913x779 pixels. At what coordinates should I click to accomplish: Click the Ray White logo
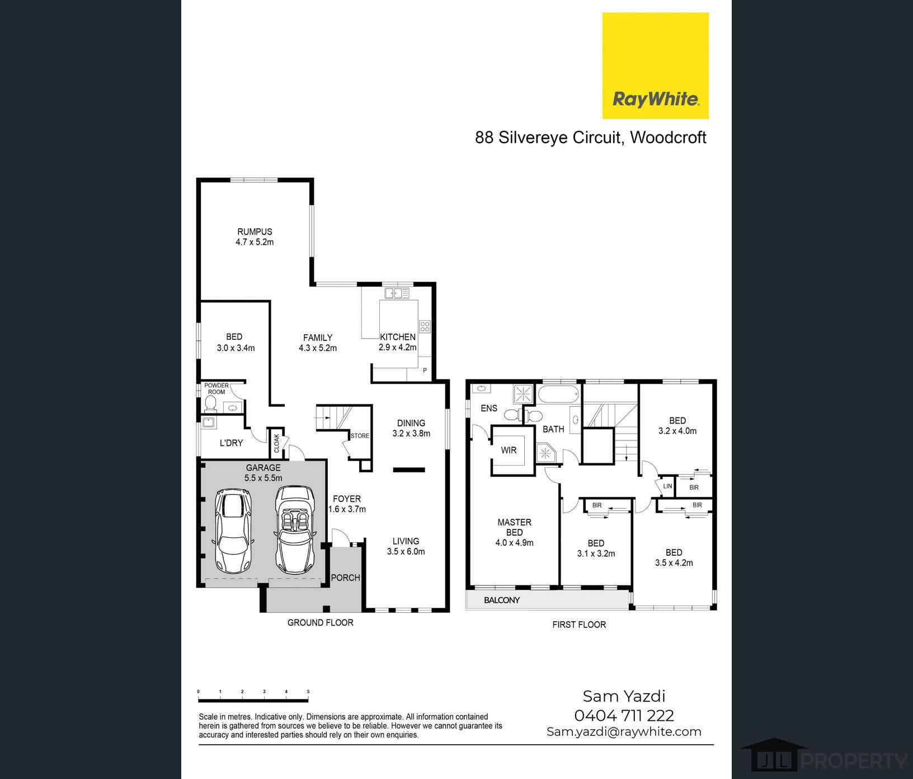tap(655, 65)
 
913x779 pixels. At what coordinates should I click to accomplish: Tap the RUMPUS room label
tap(255, 232)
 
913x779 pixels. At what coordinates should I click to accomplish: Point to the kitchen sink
tap(397, 293)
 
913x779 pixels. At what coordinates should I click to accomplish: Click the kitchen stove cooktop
tap(425, 326)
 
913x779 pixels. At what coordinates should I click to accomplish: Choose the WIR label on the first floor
tap(509, 450)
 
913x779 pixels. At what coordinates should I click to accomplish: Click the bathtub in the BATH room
tap(559, 395)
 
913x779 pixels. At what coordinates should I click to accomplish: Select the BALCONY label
tap(502, 600)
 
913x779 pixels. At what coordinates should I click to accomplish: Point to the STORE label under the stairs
tap(360, 436)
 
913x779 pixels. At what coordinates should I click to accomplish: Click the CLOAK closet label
tap(276, 443)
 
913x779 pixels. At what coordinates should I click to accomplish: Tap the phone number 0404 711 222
tap(624, 715)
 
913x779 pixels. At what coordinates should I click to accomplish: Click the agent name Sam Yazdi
tap(624, 696)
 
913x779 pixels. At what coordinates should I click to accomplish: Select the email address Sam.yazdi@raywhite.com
tap(624, 731)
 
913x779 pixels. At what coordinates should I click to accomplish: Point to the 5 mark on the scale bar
tap(308, 692)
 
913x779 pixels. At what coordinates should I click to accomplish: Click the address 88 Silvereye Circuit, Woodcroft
tap(591, 138)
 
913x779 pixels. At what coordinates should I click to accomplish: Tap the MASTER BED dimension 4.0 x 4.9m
tap(514, 542)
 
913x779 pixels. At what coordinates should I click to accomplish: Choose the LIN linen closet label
tap(667, 486)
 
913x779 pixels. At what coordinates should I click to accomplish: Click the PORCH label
tap(345, 578)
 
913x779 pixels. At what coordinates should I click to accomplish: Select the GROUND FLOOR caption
tap(321, 622)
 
